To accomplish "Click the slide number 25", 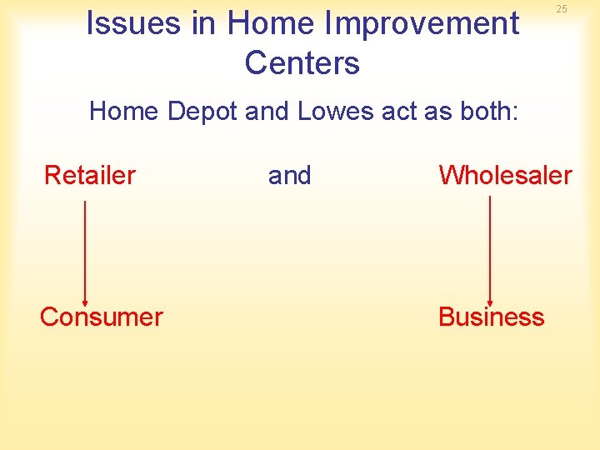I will coord(562,9).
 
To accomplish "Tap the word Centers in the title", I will coord(302,63).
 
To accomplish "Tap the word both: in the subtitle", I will coord(486,111).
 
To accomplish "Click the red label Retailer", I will coord(89,175).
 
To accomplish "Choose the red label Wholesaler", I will coord(505,175).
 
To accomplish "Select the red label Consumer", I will coord(101,317).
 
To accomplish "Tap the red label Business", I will coord(491,317).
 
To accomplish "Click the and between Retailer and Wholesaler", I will coord(289,176).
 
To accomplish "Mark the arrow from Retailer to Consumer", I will coord(85,250).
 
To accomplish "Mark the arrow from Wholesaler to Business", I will coord(489,250).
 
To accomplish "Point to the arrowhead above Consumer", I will coord(85,301).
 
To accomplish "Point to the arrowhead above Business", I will coord(489,301).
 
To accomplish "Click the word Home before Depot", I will coord(124,111).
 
